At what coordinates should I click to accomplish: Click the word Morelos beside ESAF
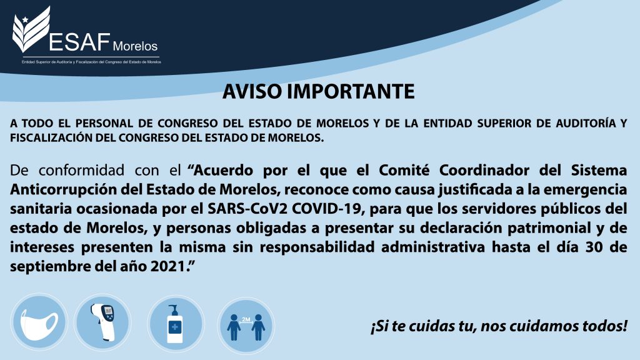[x=135, y=46]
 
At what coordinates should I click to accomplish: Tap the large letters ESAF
[x=79, y=42]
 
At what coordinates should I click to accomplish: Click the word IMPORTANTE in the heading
[x=351, y=91]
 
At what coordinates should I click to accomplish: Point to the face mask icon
[x=39, y=322]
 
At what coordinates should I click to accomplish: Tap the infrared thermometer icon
[x=103, y=322]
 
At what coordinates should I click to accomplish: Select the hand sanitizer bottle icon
[x=176, y=323]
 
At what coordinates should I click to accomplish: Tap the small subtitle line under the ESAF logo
[x=91, y=62]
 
